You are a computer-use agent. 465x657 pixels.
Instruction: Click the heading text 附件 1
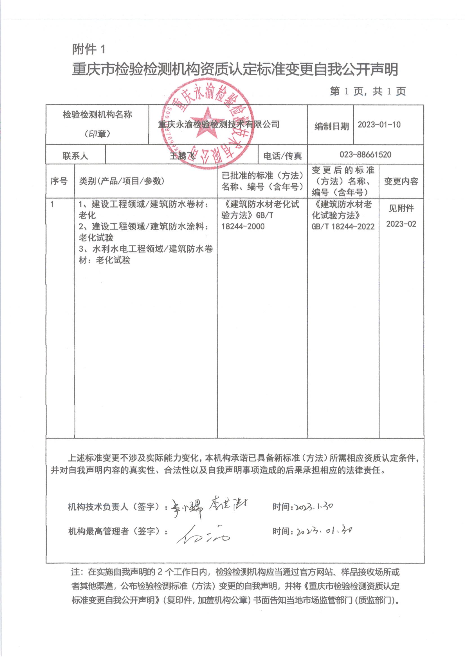click(x=89, y=49)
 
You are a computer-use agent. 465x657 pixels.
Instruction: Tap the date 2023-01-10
click(x=379, y=125)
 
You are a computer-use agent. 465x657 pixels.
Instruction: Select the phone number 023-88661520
click(x=365, y=155)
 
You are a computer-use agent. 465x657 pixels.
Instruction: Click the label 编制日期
click(x=332, y=126)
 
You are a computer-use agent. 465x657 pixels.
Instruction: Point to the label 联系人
click(x=75, y=156)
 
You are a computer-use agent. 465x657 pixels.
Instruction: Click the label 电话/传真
click(x=282, y=156)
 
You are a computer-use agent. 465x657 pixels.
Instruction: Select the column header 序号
click(x=59, y=181)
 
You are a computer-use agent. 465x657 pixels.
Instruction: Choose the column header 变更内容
click(x=401, y=181)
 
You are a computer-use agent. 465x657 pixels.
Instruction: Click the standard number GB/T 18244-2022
click(x=343, y=227)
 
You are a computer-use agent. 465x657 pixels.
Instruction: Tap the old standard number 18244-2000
click(x=243, y=227)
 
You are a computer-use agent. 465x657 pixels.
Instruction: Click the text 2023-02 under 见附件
click(x=401, y=224)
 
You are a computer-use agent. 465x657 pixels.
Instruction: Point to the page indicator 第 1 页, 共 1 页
click(x=368, y=91)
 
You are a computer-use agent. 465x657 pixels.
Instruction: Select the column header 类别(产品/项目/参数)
click(x=122, y=181)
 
